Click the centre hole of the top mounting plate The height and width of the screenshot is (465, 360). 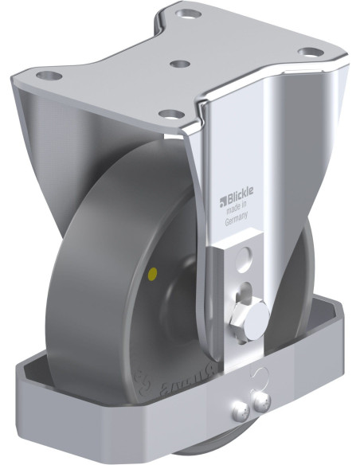181,63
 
